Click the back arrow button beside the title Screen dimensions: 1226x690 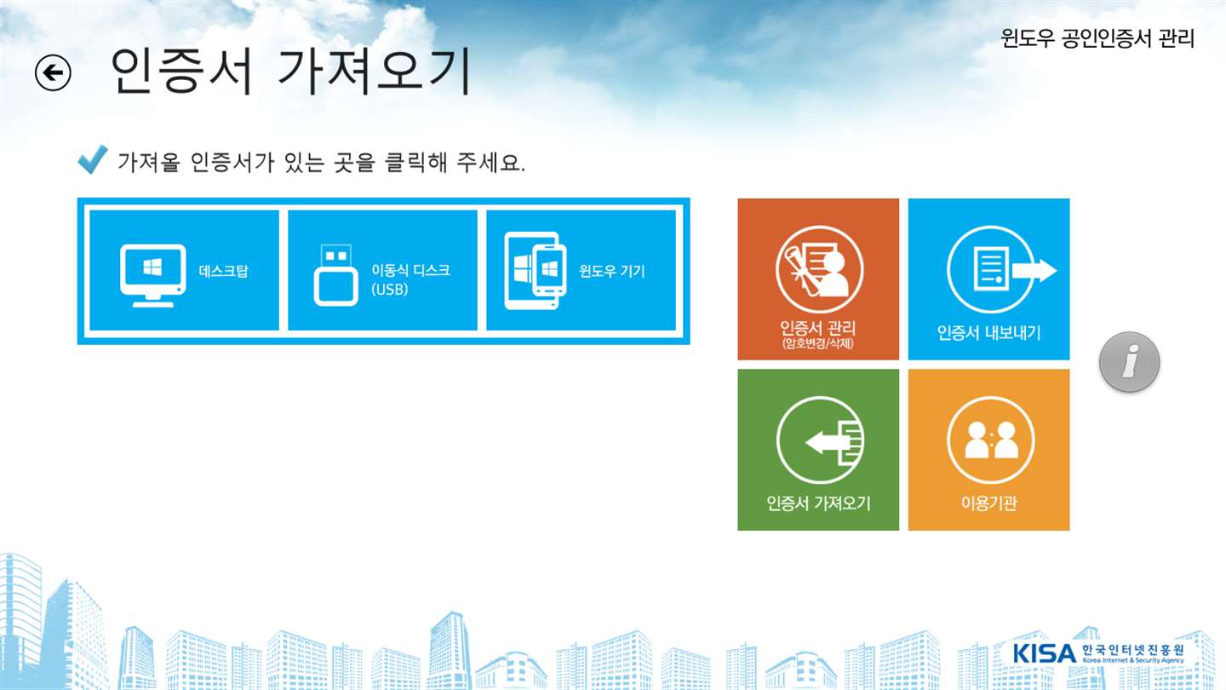click(x=53, y=73)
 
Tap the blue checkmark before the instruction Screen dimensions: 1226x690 click(x=92, y=159)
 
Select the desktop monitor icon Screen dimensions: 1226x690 click(x=152, y=275)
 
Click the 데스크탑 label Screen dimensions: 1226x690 click(x=223, y=271)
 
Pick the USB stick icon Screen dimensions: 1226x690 click(x=335, y=275)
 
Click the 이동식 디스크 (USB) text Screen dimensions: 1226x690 click(x=410, y=279)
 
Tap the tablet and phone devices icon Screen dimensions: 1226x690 click(x=535, y=271)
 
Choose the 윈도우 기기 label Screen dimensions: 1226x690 click(x=612, y=271)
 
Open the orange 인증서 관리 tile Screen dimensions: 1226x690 click(x=818, y=279)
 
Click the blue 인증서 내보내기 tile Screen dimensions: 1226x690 click(x=989, y=279)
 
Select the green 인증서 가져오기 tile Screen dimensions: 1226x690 click(x=818, y=450)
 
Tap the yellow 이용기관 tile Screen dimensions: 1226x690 click(x=989, y=450)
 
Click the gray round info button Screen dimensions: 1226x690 click(x=1130, y=362)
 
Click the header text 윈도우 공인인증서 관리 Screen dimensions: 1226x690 click(x=1097, y=38)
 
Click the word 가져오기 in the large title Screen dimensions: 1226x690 click(x=374, y=72)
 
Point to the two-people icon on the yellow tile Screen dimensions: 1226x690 click(x=991, y=440)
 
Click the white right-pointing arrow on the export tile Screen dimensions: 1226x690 click(x=1034, y=271)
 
